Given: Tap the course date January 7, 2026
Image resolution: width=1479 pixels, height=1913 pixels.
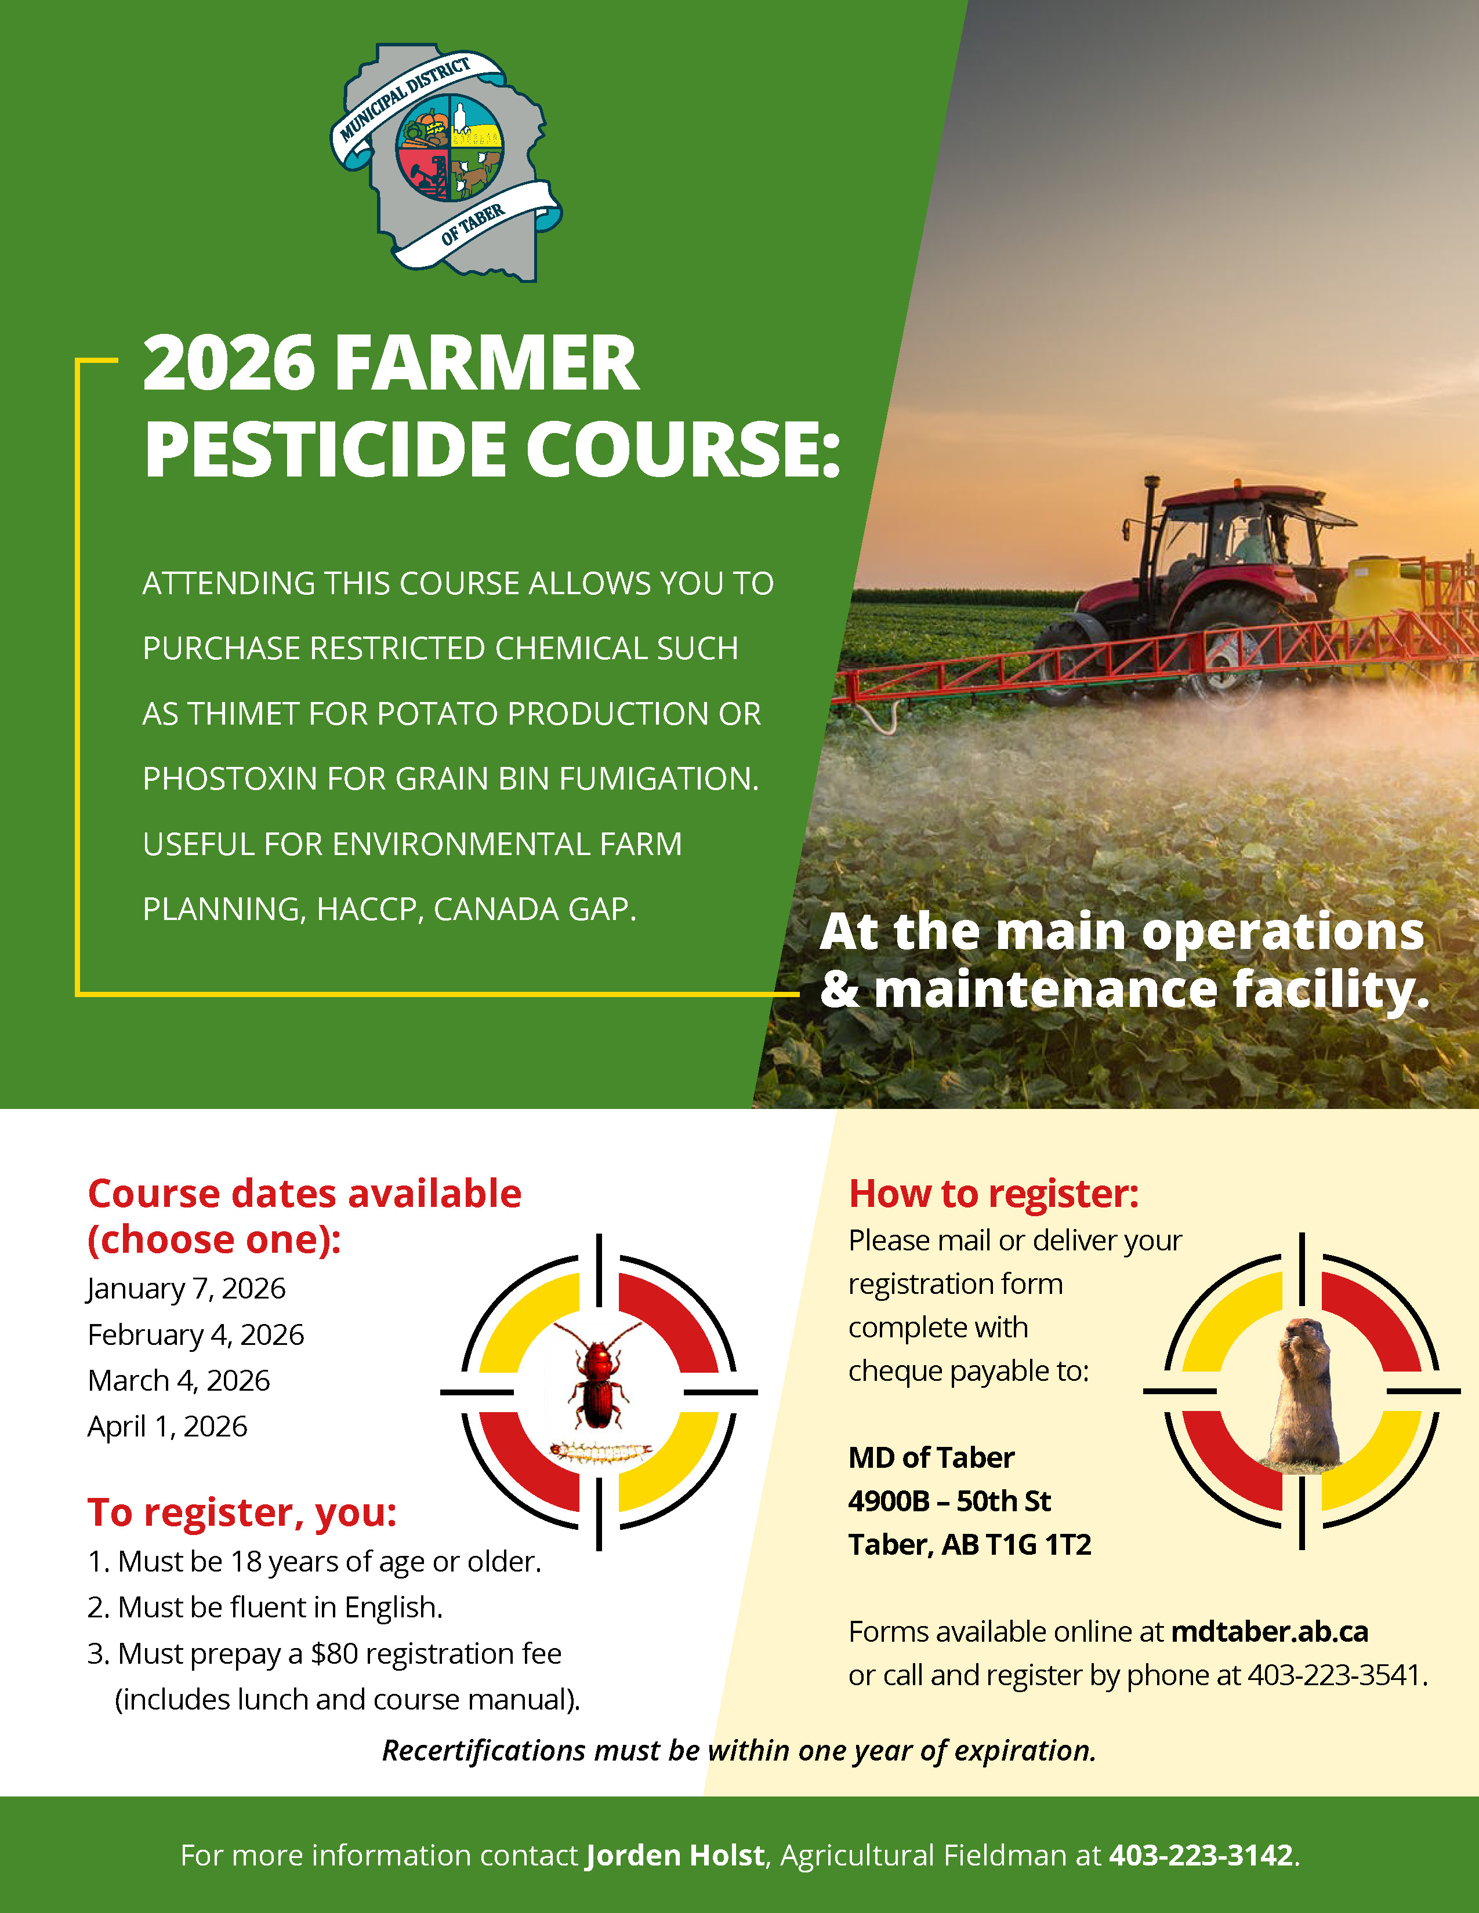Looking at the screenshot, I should [186, 1289].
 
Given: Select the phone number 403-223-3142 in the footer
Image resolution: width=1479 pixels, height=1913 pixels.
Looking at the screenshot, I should [1201, 1855].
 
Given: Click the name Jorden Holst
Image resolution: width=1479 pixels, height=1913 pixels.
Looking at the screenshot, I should [675, 1855].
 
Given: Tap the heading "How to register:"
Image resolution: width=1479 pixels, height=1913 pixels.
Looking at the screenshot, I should [994, 1194].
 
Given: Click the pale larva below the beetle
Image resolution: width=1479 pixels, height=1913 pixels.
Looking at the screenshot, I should [600, 1453].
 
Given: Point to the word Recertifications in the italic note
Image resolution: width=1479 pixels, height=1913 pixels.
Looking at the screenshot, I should [484, 1750].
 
